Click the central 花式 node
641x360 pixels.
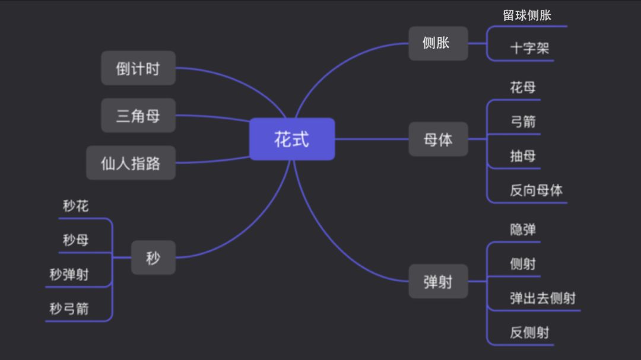point(291,139)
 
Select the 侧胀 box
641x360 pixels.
point(438,43)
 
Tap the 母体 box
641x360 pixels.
point(438,139)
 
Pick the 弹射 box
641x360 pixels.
point(438,282)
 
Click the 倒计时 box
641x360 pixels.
point(138,68)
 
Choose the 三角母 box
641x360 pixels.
point(138,115)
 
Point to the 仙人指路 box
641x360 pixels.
point(131,163)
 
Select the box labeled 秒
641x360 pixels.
point(153,257)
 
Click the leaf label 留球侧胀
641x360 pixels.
point(527,15)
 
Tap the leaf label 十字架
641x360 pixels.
point(529,49)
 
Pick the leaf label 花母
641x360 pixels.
point(522,88)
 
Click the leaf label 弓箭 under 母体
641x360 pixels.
point(522,122)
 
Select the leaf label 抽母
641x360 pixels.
point(522,156)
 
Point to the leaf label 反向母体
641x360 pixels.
point(536,190)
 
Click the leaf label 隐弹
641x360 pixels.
point(522,230)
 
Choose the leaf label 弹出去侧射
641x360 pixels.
point(542,298)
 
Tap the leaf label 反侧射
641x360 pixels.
point(529,332)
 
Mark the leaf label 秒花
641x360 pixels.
point(76,206)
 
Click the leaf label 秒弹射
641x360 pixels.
point(69,275)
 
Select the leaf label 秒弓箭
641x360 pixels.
point(69,308)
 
